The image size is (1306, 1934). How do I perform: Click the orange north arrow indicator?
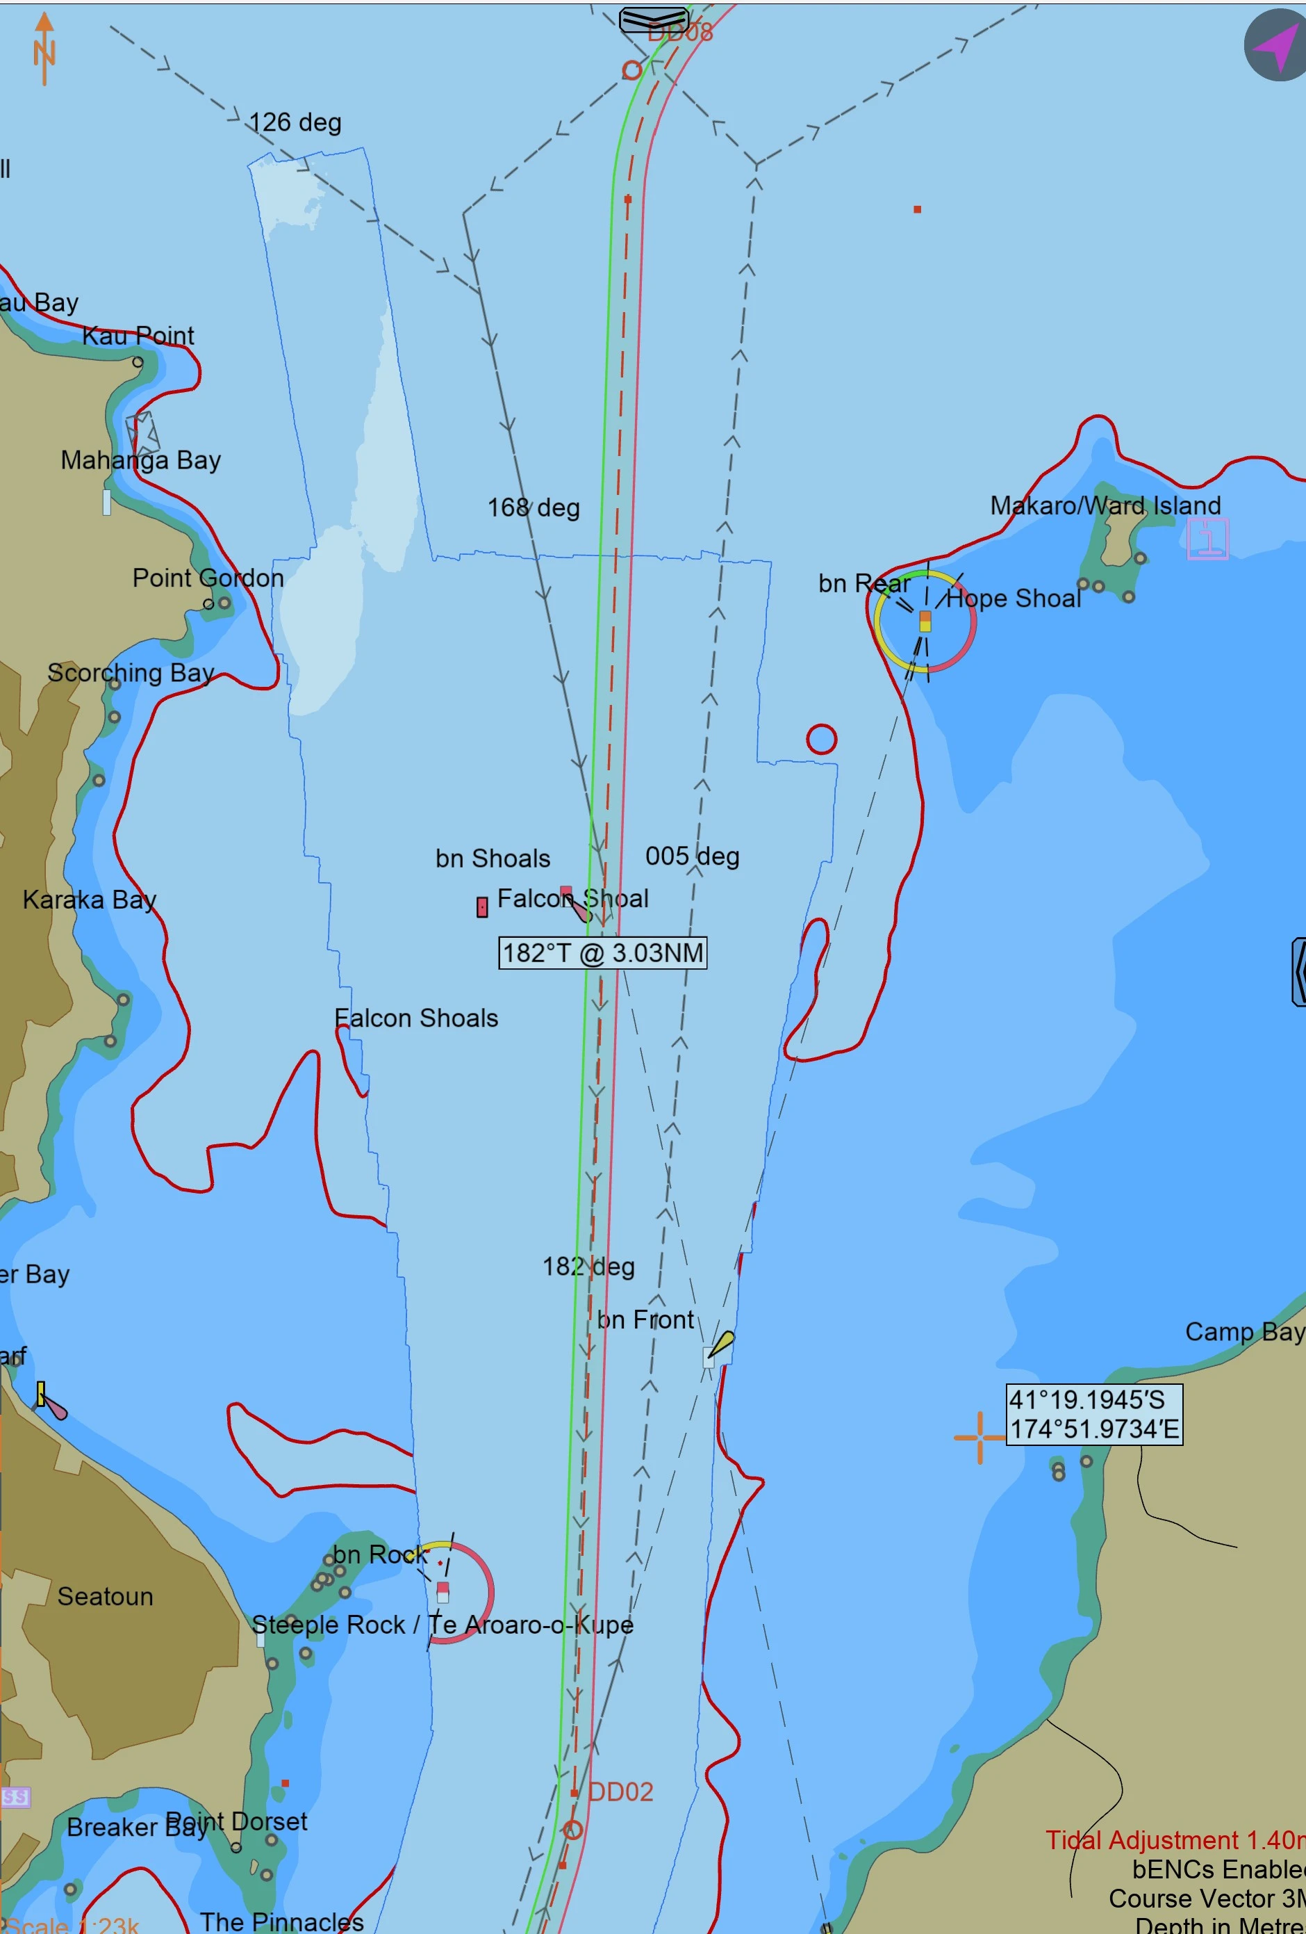44,48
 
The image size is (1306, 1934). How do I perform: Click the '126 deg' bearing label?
295,122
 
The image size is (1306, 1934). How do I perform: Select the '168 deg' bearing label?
534,507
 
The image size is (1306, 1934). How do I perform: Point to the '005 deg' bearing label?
692,856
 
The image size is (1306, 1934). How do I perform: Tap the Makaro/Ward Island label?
1105,505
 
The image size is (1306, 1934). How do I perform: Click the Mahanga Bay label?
140,460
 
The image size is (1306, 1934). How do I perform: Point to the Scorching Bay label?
131,672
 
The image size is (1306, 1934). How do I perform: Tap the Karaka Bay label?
89,899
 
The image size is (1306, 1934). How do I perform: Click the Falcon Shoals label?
416,1018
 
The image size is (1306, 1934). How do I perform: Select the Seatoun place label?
105,1596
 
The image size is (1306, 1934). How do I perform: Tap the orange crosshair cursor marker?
980,1436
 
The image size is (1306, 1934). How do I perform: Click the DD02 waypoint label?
620,1791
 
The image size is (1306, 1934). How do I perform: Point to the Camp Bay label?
1243,1331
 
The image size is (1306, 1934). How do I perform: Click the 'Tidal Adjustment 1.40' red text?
1173,1840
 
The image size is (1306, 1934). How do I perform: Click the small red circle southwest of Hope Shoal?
821,739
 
